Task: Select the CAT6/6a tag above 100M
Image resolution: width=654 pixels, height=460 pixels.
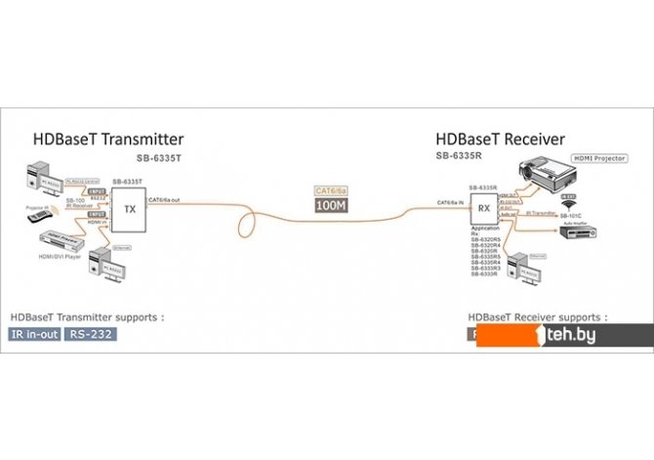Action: point(329,191)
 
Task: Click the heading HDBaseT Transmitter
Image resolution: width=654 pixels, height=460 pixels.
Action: point(108,140)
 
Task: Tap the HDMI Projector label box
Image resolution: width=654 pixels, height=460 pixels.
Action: point(596,157)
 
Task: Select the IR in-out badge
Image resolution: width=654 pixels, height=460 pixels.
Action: point(35,335)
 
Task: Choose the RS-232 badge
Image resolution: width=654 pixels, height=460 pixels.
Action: point(89,335)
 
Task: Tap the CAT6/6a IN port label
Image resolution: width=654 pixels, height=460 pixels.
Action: point(451,202)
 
